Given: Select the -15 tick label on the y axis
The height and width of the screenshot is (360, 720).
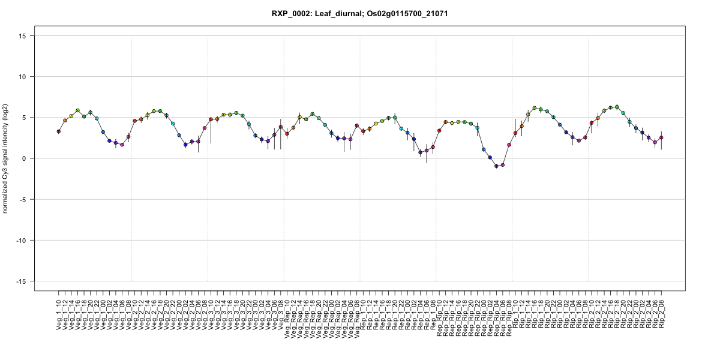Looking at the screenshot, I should (x=24, y=281).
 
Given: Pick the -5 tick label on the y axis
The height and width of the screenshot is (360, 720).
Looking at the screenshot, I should (x=26, y=199).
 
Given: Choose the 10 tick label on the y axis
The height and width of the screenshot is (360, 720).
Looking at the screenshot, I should (x=26, y=77).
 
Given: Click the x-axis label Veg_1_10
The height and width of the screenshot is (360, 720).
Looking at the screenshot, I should (x=59, y=316).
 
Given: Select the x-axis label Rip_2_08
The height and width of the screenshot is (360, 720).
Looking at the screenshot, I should (x=662, y=316).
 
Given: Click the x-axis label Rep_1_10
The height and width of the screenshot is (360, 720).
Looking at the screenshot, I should (x=363, y=316).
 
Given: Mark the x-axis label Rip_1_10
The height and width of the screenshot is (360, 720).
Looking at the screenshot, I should (x=515, y=314).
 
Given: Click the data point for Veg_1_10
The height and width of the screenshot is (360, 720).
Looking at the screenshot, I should (x=59, y=131).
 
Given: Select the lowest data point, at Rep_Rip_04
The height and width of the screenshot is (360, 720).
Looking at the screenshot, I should (x=496, y=166).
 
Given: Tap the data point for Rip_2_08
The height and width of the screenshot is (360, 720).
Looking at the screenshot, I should (x=662, y=137).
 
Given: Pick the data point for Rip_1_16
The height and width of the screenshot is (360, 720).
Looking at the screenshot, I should (x=535, y=108).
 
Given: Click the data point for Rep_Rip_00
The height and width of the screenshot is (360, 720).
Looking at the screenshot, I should (x=484, y=149).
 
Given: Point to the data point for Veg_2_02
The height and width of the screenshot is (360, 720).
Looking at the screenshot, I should (x=185, y=145).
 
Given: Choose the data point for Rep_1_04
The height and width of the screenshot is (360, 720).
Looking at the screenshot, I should (x=420, y=152).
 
